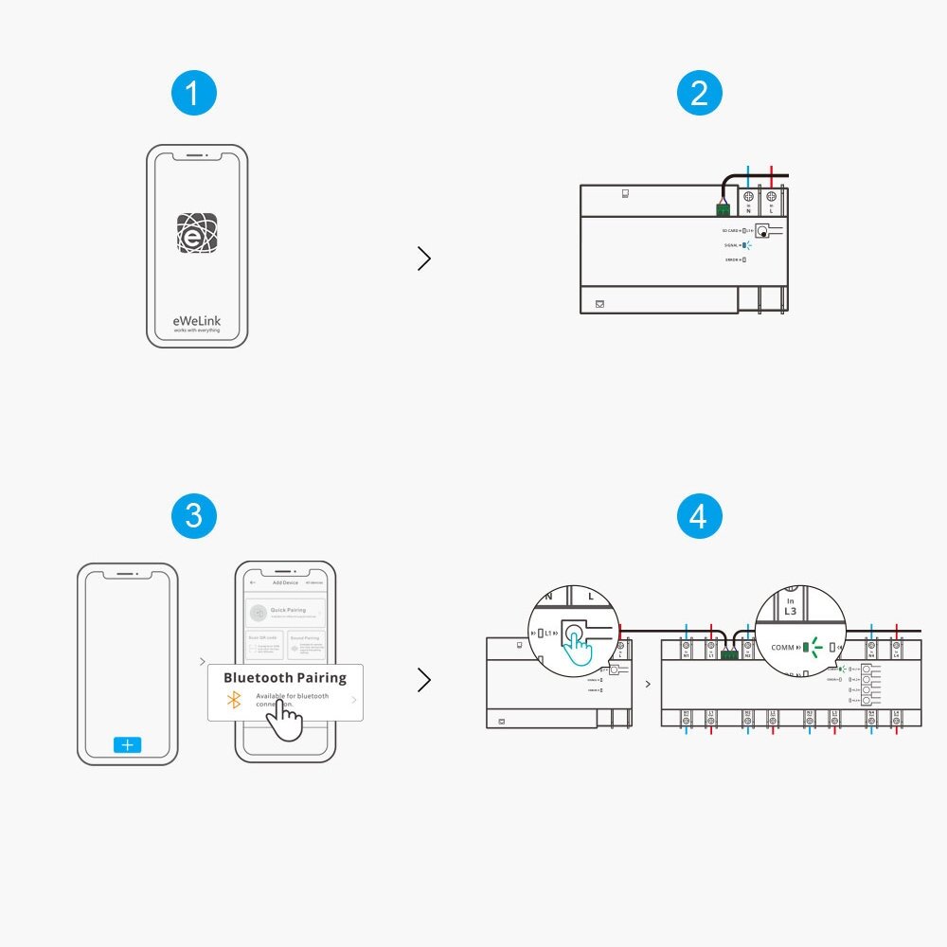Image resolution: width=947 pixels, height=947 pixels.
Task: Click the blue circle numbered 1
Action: point(194,95)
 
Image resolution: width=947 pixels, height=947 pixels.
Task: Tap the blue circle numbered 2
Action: point(700,95)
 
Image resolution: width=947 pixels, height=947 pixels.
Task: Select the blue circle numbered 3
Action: point(194,516)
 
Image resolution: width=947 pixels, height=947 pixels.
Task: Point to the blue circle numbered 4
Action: point(700,516)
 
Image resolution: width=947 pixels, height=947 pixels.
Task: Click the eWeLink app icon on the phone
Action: point(197,233)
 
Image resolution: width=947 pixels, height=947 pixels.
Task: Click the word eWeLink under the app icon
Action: point(197,321)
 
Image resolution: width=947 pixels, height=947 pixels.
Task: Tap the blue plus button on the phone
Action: point(127,745)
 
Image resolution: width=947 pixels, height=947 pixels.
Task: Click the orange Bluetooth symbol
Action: point(234,700)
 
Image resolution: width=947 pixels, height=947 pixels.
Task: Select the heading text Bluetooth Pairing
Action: point(285,678)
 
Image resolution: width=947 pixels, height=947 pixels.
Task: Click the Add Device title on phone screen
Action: point(285,582)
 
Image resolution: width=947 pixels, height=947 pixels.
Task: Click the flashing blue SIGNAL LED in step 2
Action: point(747,245)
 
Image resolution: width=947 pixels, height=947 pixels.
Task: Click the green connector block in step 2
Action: point(723,209)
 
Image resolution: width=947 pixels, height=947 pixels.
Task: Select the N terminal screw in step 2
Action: point(749,197)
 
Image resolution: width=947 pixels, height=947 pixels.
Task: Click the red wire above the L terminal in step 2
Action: point(772,177)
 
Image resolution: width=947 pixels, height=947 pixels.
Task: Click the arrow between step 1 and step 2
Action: point(423,259)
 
